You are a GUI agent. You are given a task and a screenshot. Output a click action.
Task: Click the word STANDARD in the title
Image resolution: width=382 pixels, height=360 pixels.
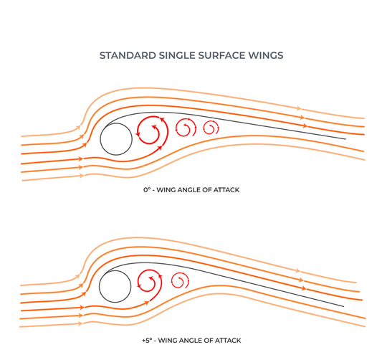point(128,55)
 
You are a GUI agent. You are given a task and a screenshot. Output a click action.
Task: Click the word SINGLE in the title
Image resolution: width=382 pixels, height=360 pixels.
point(177,55)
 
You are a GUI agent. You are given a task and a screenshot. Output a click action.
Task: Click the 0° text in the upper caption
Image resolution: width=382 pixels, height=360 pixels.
point(147,189)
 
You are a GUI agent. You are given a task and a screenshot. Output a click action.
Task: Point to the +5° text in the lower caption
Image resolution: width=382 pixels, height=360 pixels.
point(147,340)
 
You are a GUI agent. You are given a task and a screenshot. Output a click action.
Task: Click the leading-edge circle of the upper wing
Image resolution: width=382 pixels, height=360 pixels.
point(100,139)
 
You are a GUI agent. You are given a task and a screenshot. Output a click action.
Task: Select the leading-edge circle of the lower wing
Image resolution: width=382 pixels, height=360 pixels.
point(100,286)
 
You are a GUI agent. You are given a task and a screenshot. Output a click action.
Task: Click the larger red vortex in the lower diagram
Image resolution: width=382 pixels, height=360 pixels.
point(161,283)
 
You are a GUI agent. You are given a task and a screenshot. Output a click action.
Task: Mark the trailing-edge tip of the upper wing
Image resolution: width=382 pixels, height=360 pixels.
point(345,139)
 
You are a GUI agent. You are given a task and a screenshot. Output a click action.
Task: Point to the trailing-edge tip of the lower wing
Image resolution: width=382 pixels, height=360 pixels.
point(343,306)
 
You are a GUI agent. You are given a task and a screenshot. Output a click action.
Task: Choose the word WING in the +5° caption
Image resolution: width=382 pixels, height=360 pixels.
point(168,340)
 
